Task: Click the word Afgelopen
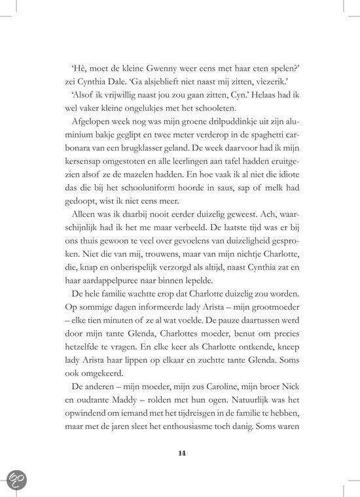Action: (x=99, y=122)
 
